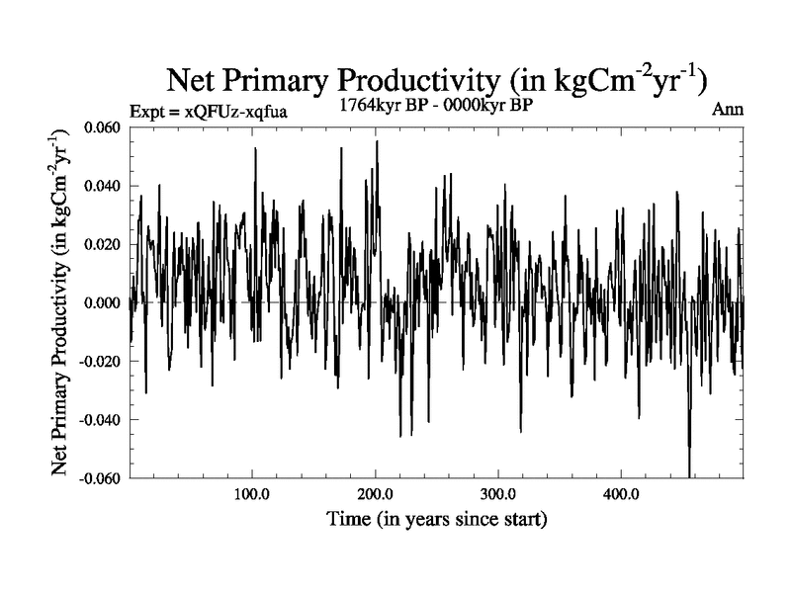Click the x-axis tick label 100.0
click(252, 493)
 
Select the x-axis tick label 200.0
click(375, 493)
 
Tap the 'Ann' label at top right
click(727, 110)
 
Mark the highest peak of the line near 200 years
click(377, 141)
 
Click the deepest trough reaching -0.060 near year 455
click(688, 474)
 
